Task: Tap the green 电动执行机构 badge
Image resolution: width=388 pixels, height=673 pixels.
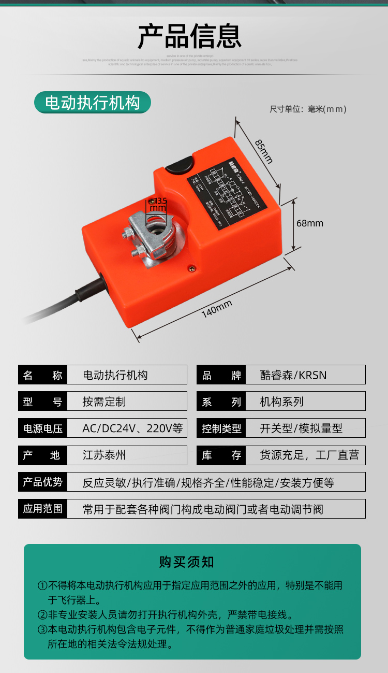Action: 93,103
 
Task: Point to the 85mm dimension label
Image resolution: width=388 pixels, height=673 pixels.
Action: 263,150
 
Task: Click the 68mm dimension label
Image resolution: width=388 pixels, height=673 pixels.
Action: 309,223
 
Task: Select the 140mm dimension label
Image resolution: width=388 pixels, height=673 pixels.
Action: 217,309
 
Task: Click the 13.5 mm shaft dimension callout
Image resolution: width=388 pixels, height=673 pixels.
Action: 158,204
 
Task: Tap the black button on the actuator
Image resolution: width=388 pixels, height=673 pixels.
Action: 179,166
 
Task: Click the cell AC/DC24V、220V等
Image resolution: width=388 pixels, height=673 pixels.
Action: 132,428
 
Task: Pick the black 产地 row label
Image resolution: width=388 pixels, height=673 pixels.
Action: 42,455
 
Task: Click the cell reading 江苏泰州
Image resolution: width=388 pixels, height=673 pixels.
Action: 104,455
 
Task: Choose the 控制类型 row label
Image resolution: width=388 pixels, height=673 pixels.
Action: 221,428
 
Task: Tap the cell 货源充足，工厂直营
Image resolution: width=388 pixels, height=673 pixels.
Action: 309,455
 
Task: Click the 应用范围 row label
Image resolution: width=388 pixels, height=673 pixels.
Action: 42,509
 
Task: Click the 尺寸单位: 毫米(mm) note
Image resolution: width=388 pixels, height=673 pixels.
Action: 308,109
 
